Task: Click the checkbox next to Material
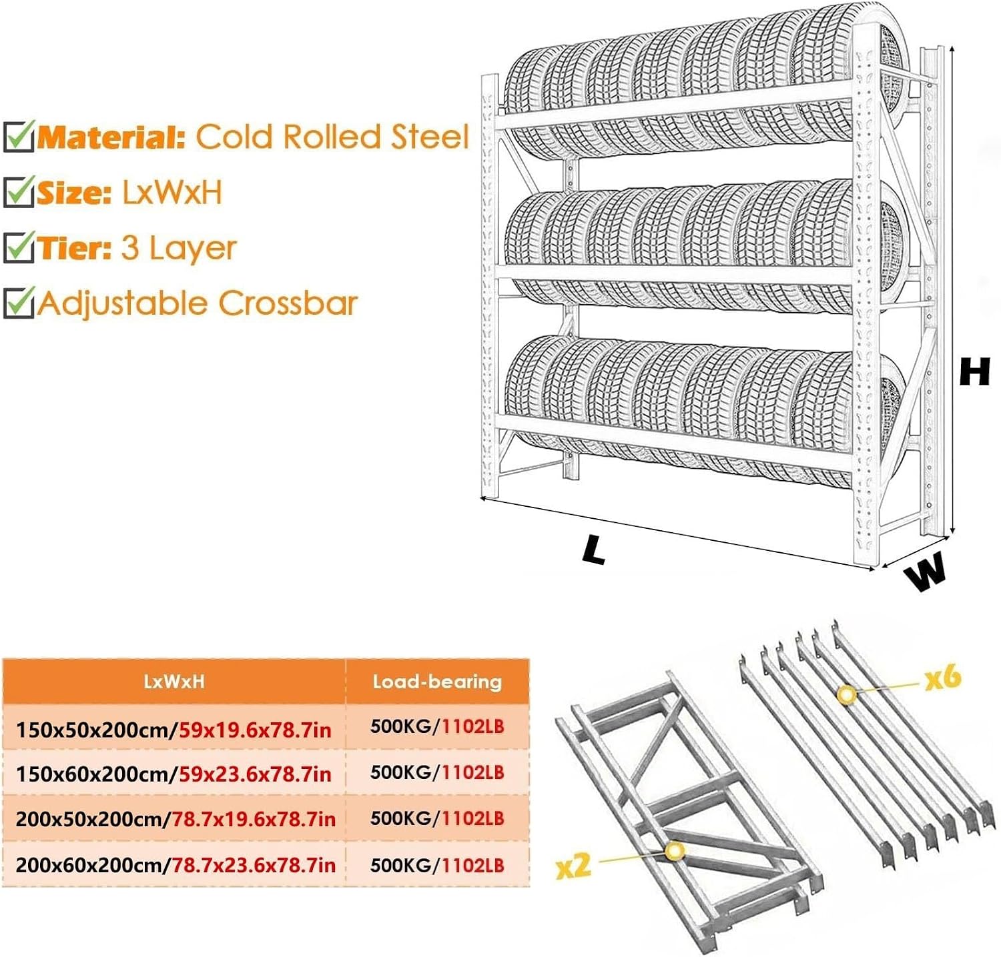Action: click(19, 136)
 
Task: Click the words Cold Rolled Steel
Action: click(332, 137)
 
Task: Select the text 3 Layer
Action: click(179, 249)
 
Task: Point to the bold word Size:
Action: click(74, 193)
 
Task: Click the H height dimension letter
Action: click(974, 371)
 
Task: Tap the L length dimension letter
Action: click(593, 549)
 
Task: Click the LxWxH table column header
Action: click(174, 682)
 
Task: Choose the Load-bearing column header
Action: click(437, 682)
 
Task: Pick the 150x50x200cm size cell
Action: click(174, 730)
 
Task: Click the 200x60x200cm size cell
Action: click(174, 865)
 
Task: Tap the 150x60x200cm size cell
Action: click(174, 774)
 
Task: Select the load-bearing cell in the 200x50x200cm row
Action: click(437, 818)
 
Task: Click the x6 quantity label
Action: click(943, 678)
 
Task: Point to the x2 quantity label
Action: click(574, 866)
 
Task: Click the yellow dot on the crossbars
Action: click(847, 694)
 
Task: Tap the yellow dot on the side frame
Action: click(675, 851)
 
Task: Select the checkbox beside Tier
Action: click(19, 247)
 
